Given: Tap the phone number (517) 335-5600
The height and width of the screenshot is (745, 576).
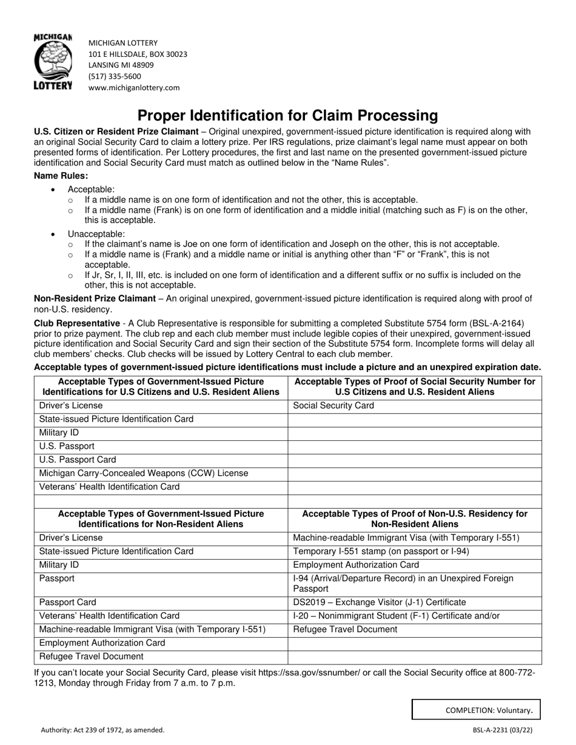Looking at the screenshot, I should coord(115,76).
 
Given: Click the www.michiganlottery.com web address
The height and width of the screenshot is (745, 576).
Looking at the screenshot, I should coord(134,87).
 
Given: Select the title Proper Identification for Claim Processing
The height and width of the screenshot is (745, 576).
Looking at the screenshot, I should coord(287,115).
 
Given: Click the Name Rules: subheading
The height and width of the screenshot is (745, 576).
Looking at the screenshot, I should coord(61,176).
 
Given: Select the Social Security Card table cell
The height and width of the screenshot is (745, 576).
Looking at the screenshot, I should coord(333,406).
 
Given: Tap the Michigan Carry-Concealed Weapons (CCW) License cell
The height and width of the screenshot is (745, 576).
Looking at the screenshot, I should coord(144,473).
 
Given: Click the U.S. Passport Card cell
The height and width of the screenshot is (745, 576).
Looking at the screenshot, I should coord(78,460).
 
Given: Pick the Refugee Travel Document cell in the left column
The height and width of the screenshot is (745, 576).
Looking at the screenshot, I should coord(92,657).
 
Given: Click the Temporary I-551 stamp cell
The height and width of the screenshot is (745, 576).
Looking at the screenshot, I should coord(381,551).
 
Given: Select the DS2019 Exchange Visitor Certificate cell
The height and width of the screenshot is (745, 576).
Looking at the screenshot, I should coord(380,603).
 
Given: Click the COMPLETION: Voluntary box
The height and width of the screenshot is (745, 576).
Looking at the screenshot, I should coord(476,710).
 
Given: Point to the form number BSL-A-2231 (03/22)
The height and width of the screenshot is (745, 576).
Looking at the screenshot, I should coord(506,730).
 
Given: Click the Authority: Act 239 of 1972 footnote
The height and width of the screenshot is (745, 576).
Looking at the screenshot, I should coord(102,730).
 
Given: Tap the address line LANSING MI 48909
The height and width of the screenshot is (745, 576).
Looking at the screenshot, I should coord(121,65).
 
